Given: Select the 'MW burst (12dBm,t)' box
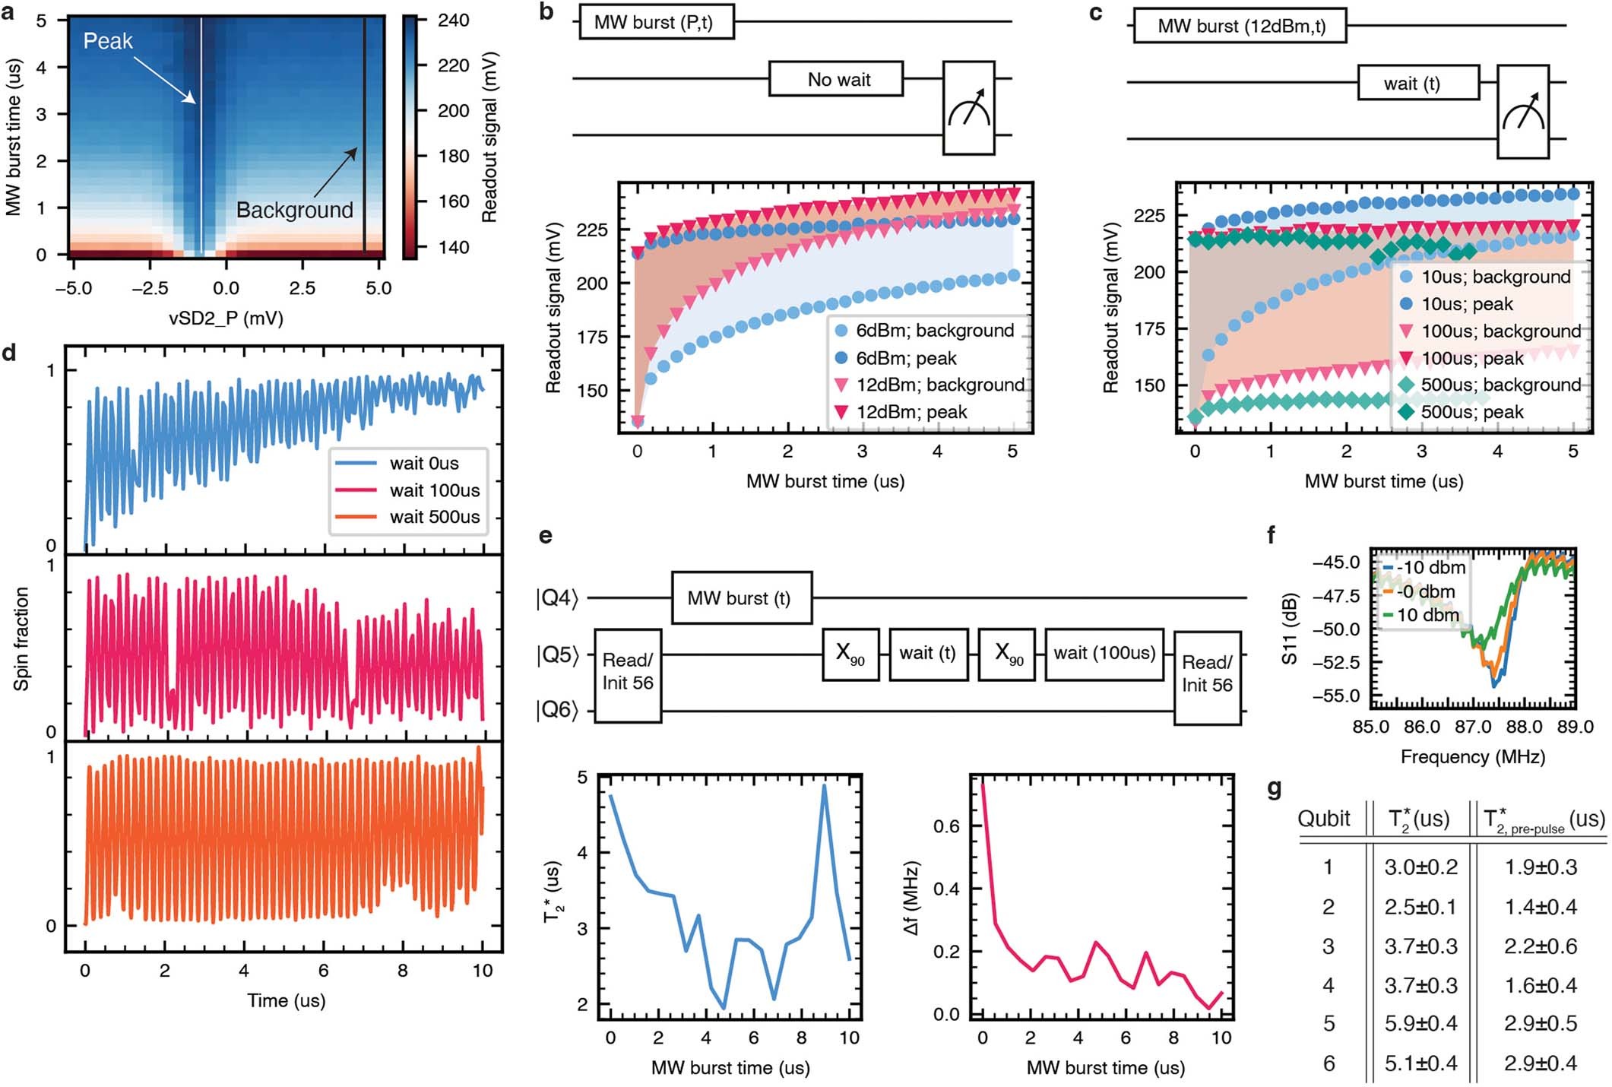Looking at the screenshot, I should coord(1240,27).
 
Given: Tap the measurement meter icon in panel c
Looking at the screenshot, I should coord(1522,112).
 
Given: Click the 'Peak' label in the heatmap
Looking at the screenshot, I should coord(107,41).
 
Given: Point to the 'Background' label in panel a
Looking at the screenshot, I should coord(294,210).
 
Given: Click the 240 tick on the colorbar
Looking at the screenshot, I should coord(453,20).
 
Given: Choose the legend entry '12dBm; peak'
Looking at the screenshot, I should coord(911,412).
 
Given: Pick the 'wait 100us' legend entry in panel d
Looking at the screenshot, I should coord(434,490).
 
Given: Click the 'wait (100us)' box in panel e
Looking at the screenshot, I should coord(1104,653).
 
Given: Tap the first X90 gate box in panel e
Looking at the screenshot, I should coord(850,654).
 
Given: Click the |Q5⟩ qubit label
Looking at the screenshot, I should coord(557,655).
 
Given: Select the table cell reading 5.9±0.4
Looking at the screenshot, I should coord(1420,1023).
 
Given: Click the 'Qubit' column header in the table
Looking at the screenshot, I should coord(1323,819).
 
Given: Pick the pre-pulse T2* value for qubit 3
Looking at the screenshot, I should coord(1540,946).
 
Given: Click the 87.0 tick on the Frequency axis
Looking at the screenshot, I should coord(1472,727).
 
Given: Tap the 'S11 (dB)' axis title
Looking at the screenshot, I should coord(1289,629).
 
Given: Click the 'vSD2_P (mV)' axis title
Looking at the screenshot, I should coord(226,318).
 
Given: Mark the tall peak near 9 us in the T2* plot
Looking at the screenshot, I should coord(824,787).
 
